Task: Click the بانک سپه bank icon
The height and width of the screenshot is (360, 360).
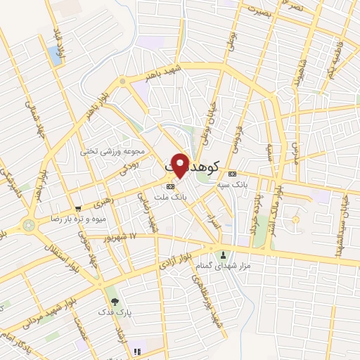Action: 233,174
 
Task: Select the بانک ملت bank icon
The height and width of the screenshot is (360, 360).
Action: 170,186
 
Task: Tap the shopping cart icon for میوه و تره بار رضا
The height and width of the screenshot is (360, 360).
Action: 78,209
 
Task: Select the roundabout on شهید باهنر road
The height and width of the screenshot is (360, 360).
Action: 123,82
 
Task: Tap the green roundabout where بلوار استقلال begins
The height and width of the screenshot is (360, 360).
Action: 29,226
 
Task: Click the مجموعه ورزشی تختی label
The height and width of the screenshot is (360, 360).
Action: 120,151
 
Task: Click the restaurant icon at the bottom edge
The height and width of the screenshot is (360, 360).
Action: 138,351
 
